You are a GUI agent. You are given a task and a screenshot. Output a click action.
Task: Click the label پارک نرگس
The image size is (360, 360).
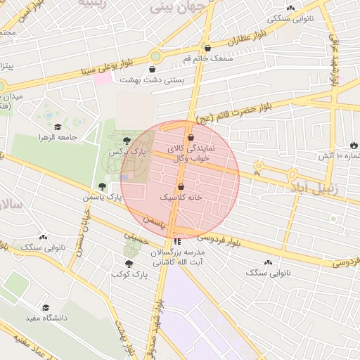click(x=121, y=153)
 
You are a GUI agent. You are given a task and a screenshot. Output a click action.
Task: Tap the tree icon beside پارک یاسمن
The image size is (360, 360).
click(x=102, y=186)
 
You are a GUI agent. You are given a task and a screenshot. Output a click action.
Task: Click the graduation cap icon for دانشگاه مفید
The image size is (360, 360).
click(x=46, y=308)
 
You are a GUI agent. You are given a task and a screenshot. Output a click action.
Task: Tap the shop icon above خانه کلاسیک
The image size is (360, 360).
click(x=181, y=187)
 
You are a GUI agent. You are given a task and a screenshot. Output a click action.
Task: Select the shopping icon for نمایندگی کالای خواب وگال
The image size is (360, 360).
click(x=191, y=139)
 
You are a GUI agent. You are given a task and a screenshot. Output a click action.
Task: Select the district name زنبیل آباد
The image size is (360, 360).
click(x=313, y=189)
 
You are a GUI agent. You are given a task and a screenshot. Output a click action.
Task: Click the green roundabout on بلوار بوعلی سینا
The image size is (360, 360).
click(x=155, y=56)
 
